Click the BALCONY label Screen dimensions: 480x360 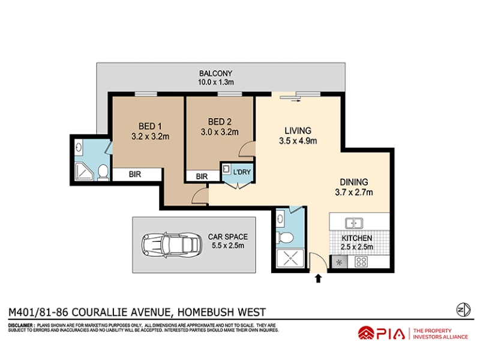point(216,73)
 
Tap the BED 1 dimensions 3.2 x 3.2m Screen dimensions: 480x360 point(151,137)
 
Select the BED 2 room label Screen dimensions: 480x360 point(220,122)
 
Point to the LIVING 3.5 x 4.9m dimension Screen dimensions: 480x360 point(298,141)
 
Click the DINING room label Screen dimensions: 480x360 point(354,182)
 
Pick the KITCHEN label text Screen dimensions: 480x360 point(357,238)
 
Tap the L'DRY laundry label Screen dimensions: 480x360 point(242,172)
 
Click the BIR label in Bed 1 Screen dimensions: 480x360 point(134,175)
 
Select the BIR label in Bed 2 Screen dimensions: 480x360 point(202,176)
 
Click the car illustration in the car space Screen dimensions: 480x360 point(170,244)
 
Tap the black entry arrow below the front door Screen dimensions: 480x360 point(319,278)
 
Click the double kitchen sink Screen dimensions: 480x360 point(354,223)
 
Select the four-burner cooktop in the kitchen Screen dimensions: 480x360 point(361,262)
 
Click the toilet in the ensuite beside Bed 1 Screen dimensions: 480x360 point(103,172)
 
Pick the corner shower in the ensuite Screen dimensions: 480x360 point(84,172)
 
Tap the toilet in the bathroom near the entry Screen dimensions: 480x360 point(284,237)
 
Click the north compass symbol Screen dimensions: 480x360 point(463,310)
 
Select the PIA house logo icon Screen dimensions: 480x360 point(366,333)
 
